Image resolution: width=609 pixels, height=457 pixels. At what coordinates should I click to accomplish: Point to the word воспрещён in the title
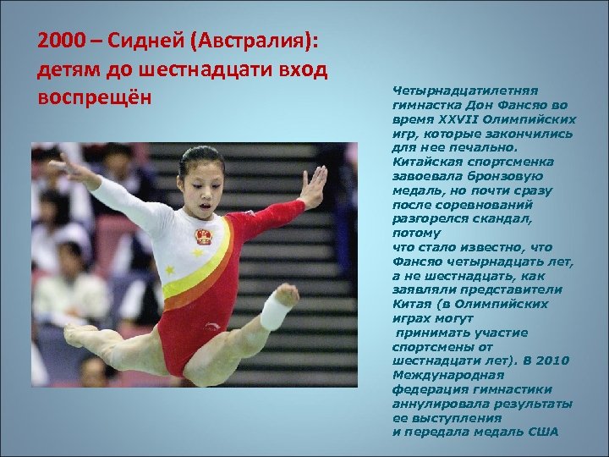pyautogui.click(x=95, y=95)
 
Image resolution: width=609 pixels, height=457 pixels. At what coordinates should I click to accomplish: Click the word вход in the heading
pyautogui.click(x=302, y=68)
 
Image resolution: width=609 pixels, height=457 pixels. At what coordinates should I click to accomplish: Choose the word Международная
pyautogui.click(x=448, y=373)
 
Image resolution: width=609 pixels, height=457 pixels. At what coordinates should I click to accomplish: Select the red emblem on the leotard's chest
pyautogui.click(x=204, y=235)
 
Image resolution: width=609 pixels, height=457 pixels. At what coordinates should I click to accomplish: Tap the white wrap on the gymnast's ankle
pyautogui.click(x=275, y=312)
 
